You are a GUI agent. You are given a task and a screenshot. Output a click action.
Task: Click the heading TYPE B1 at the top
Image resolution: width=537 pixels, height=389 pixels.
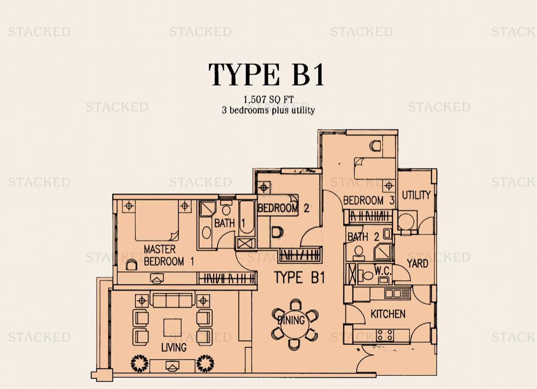tap(266, 75)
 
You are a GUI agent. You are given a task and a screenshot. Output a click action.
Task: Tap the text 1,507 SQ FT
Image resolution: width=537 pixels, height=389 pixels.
tap(268, 99)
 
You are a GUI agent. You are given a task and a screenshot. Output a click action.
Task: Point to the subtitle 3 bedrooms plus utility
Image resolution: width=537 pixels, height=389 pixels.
tap(268, 110)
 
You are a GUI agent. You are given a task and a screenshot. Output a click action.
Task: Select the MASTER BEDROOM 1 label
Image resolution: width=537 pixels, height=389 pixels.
tap(169, 255)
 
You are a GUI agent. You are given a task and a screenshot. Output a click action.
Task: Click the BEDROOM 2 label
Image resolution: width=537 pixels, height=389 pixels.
tap(283, 208)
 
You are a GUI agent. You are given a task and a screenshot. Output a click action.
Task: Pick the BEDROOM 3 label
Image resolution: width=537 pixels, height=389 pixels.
tap(369, 200)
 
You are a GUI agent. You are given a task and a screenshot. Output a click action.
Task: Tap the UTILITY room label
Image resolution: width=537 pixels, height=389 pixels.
tap(416, 195)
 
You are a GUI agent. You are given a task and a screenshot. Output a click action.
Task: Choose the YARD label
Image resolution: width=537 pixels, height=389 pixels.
tap(418, 263)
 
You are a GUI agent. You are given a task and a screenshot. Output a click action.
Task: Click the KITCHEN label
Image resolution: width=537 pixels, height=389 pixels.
tap(388, 314)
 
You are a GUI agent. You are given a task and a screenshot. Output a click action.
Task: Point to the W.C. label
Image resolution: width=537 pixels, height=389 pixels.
tap(382, 271)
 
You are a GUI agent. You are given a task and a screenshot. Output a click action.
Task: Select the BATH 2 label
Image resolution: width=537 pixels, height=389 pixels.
tap(363, 237)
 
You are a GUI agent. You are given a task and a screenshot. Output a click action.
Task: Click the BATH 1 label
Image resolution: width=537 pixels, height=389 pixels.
tap(230, 223)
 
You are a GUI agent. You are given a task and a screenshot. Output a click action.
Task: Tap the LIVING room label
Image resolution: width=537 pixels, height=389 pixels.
tap(174, 347)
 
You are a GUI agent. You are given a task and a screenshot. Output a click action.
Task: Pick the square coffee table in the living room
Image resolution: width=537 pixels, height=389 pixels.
tap(172, 328)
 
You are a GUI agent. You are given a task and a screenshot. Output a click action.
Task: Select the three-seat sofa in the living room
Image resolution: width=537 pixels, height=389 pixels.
tap(172, 300)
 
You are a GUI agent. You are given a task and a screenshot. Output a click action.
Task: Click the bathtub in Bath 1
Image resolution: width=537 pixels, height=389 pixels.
tap(247, 218)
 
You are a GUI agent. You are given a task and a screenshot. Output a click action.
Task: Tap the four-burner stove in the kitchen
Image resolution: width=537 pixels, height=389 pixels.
tap(385, 335)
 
